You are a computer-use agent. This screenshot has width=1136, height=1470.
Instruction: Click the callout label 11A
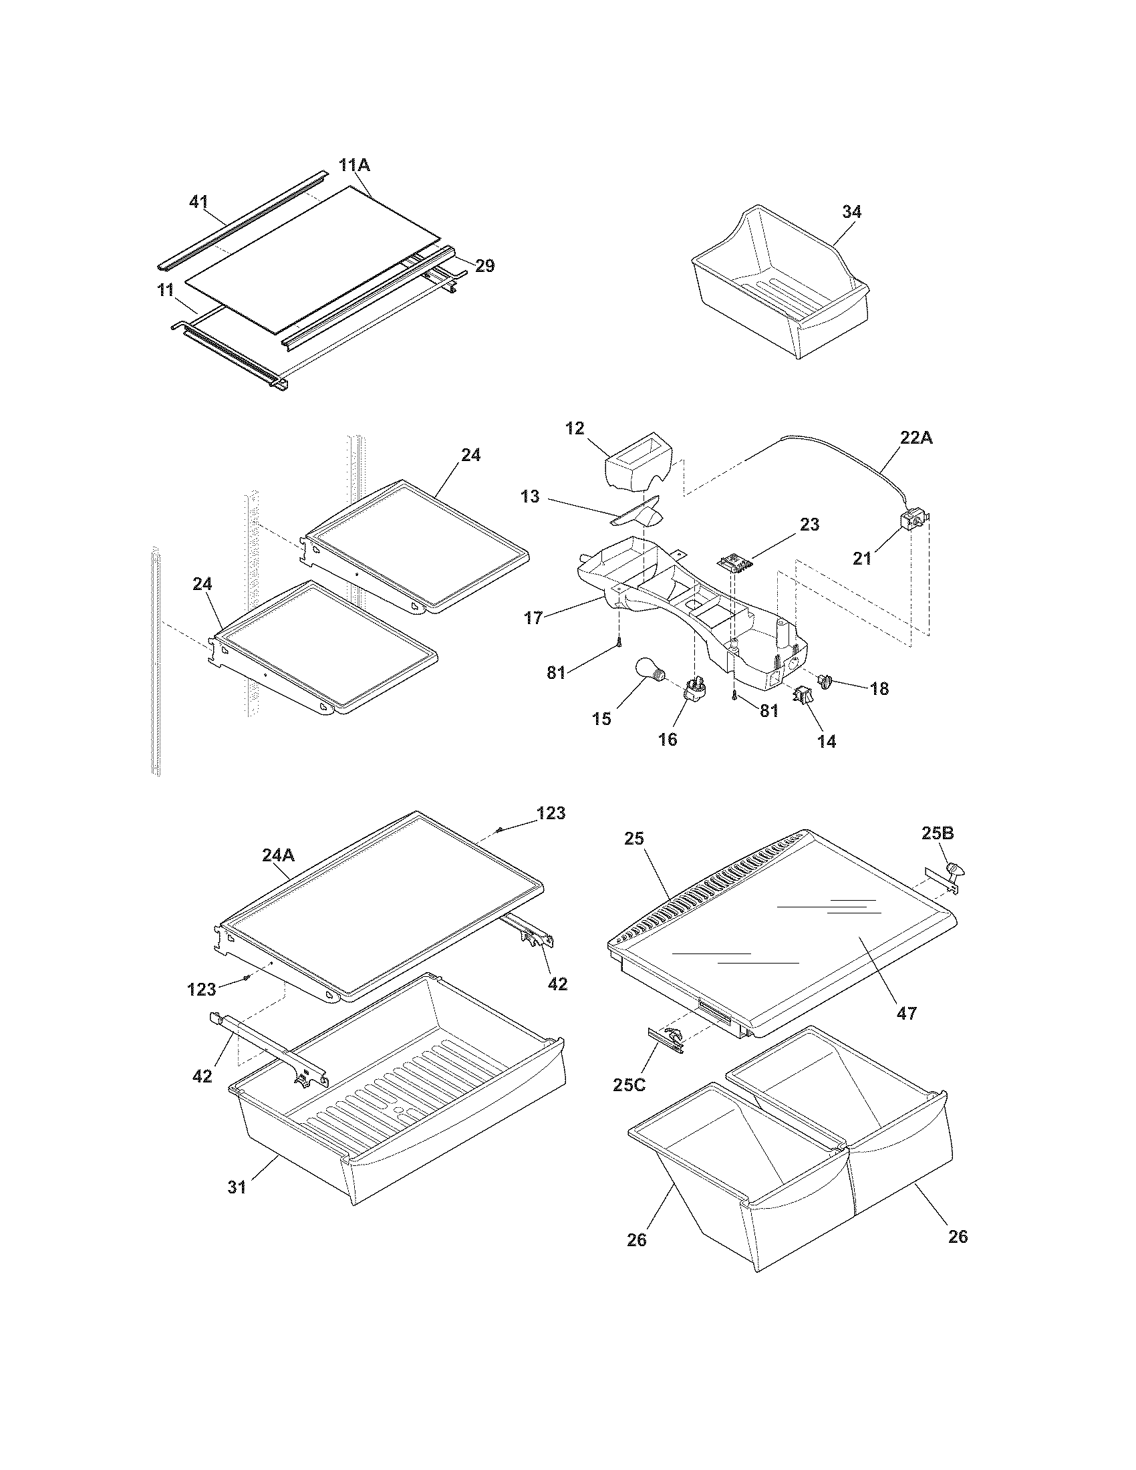click(x=354, y=165)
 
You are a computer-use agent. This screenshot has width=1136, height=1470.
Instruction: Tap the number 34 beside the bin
click(x=851, y=211)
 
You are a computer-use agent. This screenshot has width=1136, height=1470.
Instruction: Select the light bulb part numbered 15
click(x=650, y=672)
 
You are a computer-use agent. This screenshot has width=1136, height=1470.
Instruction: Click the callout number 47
click(x=907, y=1012)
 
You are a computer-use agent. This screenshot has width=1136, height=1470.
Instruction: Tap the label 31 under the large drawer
click(x=237, y=1187)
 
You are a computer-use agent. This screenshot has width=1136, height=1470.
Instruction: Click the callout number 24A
click(x=278, y=855)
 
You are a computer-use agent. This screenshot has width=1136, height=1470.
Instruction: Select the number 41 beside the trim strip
click(x=198, y=201)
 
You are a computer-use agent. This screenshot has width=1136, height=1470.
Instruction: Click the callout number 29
click(x=484, y=266)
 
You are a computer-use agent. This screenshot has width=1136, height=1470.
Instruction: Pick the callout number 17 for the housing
click(x=533, y=618)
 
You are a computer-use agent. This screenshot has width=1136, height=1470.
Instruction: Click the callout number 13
click(x=531, y=496)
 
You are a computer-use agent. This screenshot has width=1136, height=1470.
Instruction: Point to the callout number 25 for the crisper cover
click(x=634, y=839)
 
